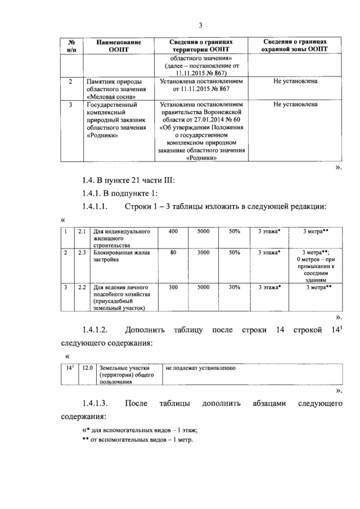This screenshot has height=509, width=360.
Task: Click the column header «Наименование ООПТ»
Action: [118, 46]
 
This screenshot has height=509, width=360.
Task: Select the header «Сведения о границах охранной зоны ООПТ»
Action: [295, 46]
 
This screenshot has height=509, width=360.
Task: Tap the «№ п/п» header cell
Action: [71, 46]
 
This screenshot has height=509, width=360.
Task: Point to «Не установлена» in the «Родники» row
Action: [295, 104]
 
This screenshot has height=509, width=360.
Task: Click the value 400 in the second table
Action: [173, 231]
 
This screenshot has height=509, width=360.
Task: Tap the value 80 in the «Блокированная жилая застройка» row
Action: [173, 253]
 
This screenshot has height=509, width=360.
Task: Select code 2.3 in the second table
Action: [82, 253]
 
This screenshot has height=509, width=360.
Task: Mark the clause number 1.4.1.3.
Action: [97, 403]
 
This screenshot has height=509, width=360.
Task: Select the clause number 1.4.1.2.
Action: [97, 329]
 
